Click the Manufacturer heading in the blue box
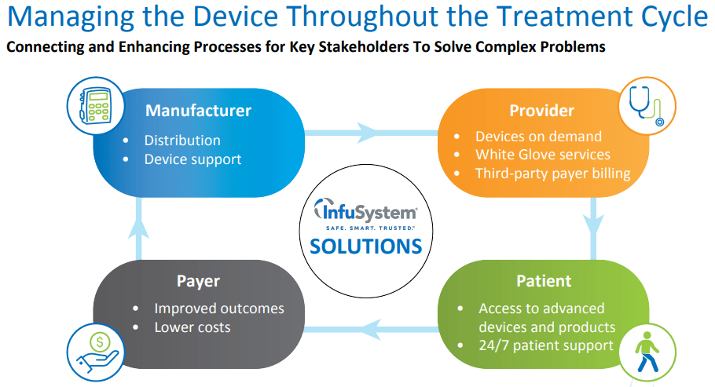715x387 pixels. click(x=198, y=111)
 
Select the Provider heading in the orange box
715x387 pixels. click(x=541, y=111)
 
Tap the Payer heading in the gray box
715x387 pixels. click(x=198, y=280)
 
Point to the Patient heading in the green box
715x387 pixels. click(x=543, y=280)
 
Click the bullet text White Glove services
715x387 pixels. click(x=542, y=155)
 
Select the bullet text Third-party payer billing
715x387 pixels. click(x=552, y=173)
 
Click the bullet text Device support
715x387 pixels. click(x=192, y=159)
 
